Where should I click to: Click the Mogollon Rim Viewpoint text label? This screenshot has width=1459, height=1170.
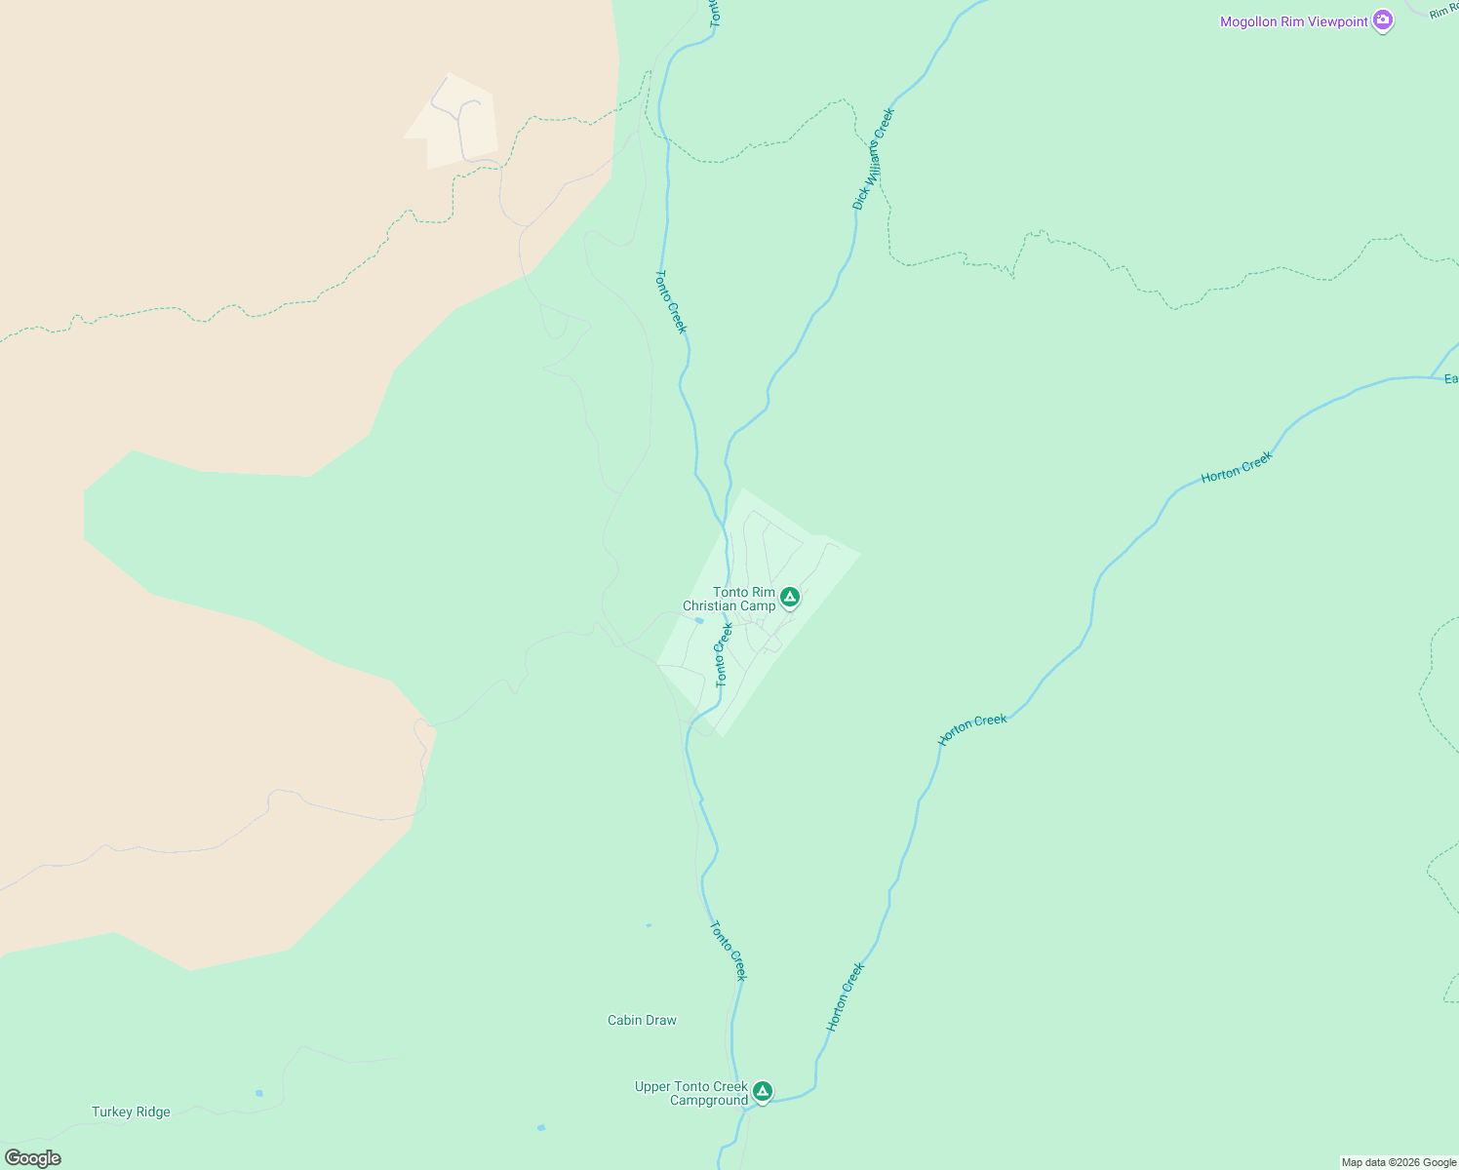pos(1293,21)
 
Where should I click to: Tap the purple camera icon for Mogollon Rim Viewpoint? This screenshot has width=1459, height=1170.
pos(1382,20)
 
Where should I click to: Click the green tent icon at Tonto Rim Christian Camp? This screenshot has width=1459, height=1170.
pos(790,597)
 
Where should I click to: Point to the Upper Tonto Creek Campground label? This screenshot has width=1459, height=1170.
pos(691,1093)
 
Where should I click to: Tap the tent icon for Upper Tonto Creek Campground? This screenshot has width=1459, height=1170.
pos(763,1091)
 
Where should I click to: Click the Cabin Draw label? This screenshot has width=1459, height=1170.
pos(642,1020)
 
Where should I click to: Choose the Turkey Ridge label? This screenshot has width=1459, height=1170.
pos(131,1111)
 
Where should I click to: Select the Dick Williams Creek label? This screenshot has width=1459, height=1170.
pos(873,158)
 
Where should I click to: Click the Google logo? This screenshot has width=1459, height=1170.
pos(33,1158)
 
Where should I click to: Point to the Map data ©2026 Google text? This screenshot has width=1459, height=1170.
pos(1399,1162)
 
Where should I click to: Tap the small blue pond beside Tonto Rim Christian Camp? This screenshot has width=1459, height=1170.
pos(699,620)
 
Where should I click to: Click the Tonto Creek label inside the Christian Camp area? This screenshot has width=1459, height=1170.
pos(723,655)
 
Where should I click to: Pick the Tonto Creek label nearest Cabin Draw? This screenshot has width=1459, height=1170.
pos(729,950)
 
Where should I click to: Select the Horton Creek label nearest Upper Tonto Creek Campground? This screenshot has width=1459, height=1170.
pos(846,996)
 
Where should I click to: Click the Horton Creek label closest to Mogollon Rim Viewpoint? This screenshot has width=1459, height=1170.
pos(1237,468)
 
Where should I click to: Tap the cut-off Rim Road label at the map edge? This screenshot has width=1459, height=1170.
pos(1443,11)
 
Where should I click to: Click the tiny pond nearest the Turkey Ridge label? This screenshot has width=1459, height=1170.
pos(258,1093)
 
